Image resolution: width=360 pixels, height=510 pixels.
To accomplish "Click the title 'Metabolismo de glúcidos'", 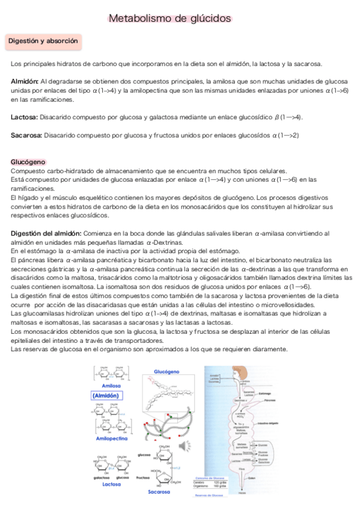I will coord(170,19).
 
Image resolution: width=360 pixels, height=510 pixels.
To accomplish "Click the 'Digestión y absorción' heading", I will coord(42,41).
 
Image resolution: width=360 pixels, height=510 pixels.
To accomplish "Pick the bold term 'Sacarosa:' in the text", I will coord(26,135).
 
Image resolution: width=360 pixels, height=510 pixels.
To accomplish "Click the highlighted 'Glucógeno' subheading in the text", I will coord(28,162).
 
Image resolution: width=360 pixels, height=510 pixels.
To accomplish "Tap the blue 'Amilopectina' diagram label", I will coord(112,439).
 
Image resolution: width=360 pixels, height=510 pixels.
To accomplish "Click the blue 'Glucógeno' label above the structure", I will coord(166,372).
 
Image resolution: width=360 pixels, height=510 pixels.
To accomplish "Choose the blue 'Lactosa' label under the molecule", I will coord(111,484).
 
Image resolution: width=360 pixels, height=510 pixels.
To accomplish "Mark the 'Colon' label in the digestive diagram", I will coord(252,479).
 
